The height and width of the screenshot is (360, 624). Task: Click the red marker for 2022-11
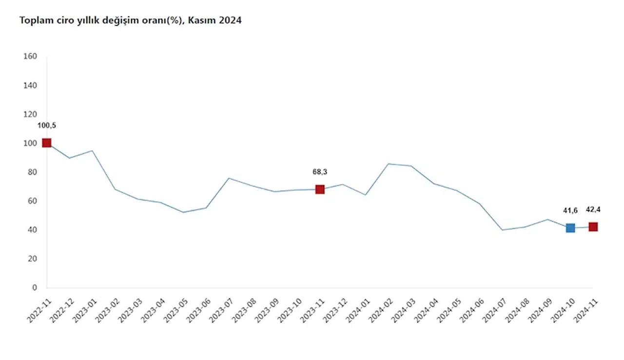pyautogui.click(x=47, y=143)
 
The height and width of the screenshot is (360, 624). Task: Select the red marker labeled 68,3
pyautogui.click(x=320, y=189)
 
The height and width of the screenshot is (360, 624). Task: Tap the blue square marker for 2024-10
pyautogui.click(x=570, y=228)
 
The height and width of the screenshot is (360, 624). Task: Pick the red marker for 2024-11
pyautogui.click(x=593, y=227)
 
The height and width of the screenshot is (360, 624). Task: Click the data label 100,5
pyautogui.click(x=47, y=125)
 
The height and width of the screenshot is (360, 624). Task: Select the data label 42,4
pyautogui.click(x=593, y=210)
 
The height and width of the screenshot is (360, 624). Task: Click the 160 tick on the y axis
pyautogui.click(x=30, y=56)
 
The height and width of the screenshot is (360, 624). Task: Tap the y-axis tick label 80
pyautogui.click(x=32, y=172)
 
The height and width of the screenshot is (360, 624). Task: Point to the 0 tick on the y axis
pyautogui.click(x=34, y=288)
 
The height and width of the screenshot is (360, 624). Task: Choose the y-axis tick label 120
pyautogui.click(x=30, y=114)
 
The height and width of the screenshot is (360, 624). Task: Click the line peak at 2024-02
pyautogui.click(x=388, y=164)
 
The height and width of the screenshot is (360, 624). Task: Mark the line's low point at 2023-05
pyautogui.click(x=183, y=212)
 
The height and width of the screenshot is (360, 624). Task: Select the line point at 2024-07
pyautogui.click(x=502, y=230)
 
